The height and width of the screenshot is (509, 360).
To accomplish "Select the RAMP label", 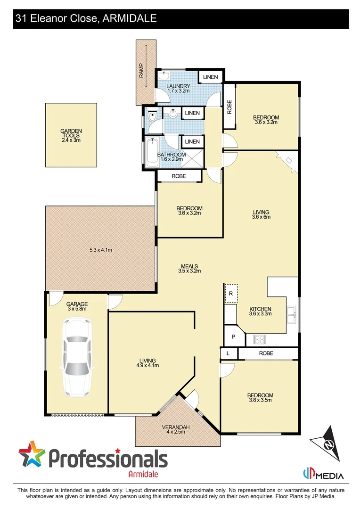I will coord(141,71).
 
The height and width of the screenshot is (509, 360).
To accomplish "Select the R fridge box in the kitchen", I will coord(231,293).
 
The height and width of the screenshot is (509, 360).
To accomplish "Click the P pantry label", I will coord(233,337).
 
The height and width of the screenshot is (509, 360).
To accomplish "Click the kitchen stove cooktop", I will coord(260,338).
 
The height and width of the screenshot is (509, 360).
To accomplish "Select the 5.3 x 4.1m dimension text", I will coord(101,250).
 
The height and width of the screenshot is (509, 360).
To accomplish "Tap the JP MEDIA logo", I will coord(323,475).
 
